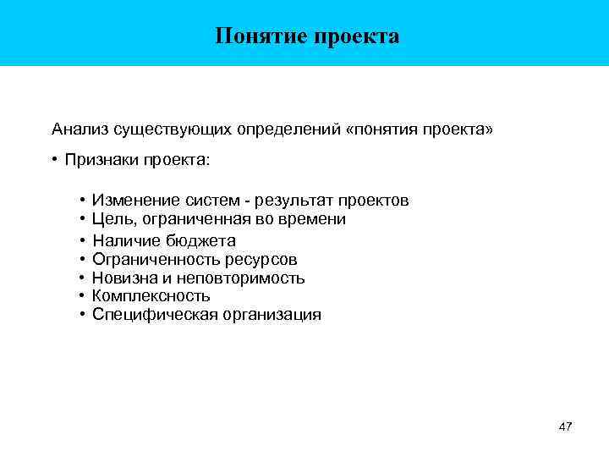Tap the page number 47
[566, 427]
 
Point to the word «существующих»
[167, 129]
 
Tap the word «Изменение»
[134, 201]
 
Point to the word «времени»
[315, 219]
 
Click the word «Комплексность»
[151, 296]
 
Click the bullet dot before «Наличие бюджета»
[81, 240]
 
